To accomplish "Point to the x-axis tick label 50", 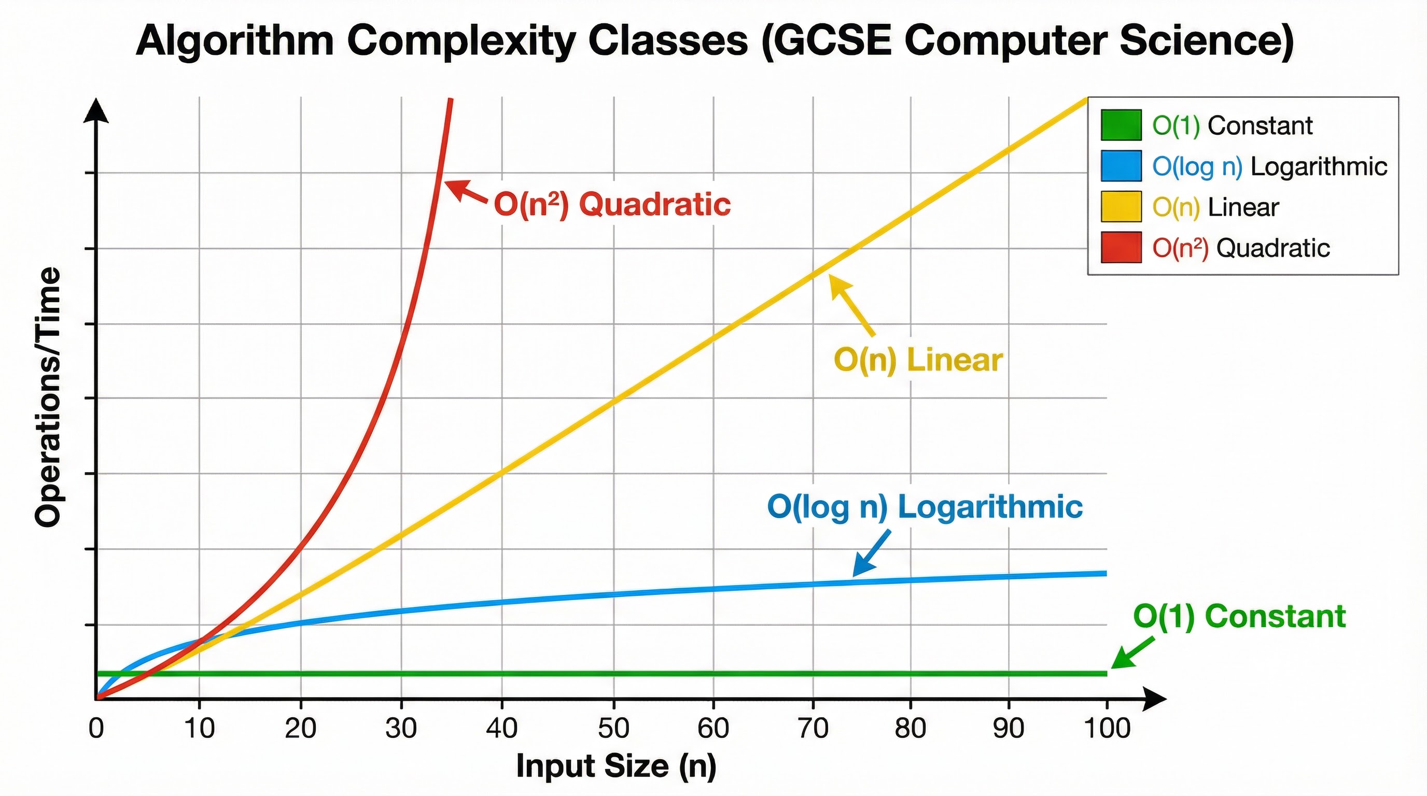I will (613, 728).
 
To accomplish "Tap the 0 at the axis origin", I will (96, 728).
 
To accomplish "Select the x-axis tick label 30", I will (401, 728).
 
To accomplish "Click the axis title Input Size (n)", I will (616, 766).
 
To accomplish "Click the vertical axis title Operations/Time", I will (48, 397).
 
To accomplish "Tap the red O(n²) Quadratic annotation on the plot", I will (612, 205).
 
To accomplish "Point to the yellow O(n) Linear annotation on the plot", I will (918, 360).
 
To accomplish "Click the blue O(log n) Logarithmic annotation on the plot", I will (925, 507).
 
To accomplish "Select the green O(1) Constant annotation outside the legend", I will (1239, 617).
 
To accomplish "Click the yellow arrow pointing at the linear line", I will (851, 305).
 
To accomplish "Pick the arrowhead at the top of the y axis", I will (96, 111).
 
